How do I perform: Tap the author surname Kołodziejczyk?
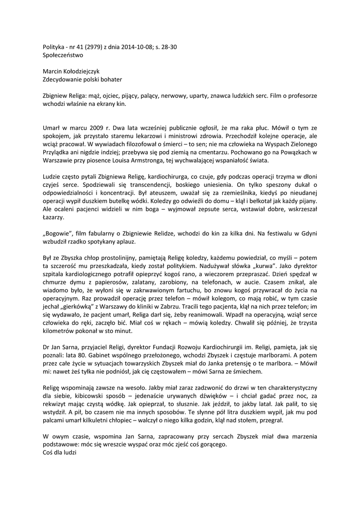tap(86, 71)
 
